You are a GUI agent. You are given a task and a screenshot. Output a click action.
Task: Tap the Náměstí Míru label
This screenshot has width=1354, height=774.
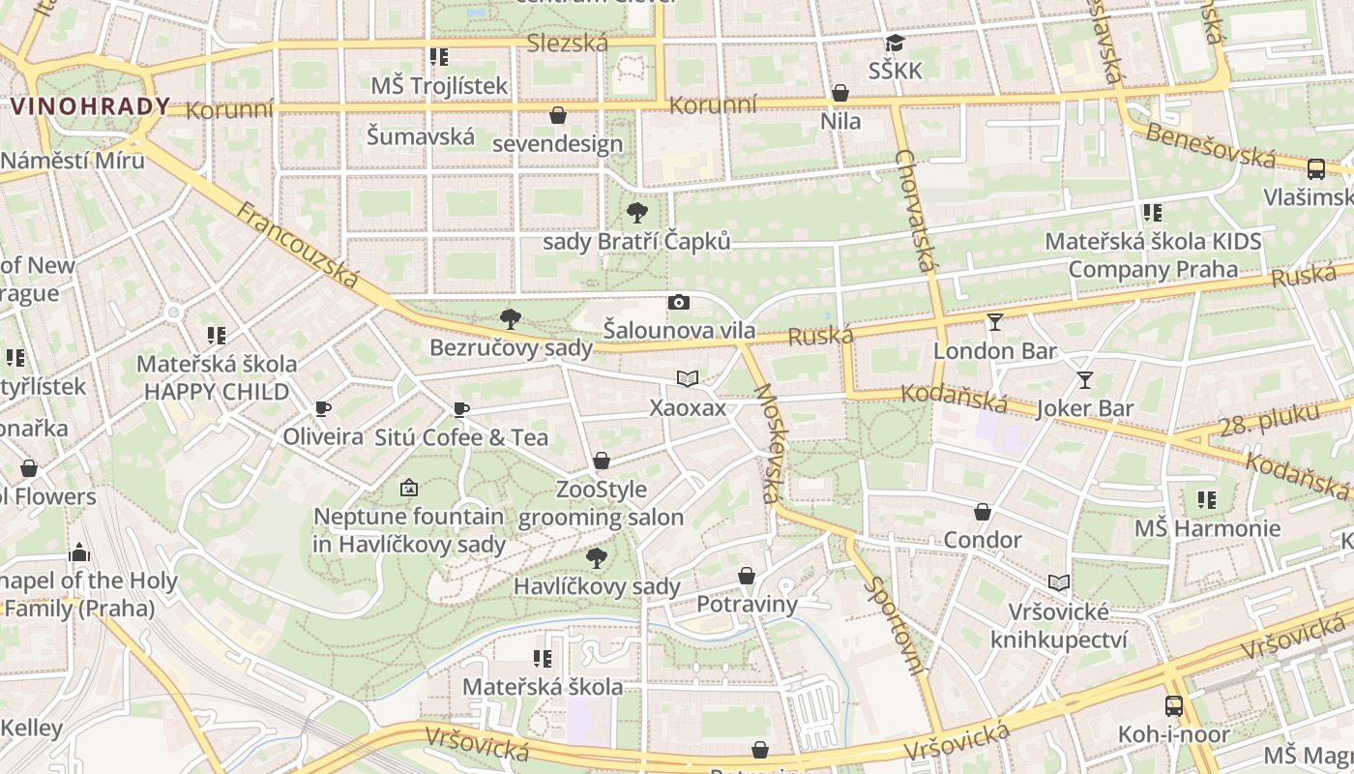[x=72, y=160]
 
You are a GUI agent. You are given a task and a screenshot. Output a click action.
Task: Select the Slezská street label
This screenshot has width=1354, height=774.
[x=567, y=43]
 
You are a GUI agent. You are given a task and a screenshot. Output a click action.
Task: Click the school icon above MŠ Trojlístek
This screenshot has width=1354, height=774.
[x=439, y=57]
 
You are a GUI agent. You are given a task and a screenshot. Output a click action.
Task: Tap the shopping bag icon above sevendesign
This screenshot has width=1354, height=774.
[x=558, y=116]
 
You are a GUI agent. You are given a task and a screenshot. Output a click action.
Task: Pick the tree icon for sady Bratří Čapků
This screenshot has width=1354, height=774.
[x=636, y=213]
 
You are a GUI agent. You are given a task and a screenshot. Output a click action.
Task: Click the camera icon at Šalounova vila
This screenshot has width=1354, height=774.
[x=679, y=302]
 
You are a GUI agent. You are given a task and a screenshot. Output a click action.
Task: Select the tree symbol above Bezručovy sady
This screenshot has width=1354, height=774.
[x=510, y=319]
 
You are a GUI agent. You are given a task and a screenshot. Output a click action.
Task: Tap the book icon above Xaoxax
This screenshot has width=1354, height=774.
[x=687, y=379]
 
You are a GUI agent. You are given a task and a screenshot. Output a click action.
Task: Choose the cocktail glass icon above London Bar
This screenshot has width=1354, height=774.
[x=995, y=322]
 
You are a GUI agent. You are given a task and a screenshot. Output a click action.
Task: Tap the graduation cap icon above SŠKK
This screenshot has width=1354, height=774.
[x=896, y=44]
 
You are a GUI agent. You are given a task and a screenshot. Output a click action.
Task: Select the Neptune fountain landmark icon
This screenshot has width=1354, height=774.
[x=409, y=489]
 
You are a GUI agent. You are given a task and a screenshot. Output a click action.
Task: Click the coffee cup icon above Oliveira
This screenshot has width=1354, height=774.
[x=323, y=409]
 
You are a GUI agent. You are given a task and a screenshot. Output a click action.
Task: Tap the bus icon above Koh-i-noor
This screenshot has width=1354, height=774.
[x=1173, y=706]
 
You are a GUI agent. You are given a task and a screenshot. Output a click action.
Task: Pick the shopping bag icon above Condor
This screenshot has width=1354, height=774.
[x=983, y=512]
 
